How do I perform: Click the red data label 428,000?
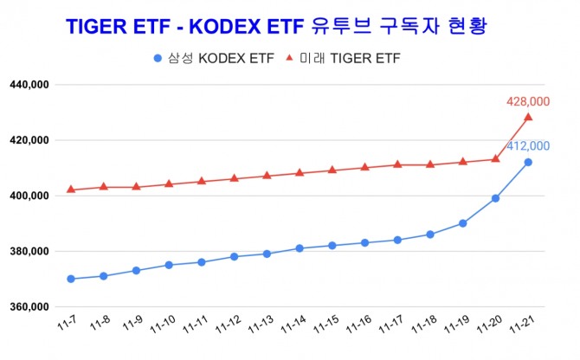(x=528, y=102)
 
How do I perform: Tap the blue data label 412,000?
(x=528, y=145)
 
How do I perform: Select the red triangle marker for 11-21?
(x=528, y=118)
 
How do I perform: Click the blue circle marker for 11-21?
(x=528, y=162)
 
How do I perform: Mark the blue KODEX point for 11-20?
(x=495, y=198)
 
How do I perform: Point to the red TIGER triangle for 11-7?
(x=71, y=190)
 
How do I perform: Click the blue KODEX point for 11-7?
(x=71, y=279)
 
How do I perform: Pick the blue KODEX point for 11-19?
(x=463, y=223)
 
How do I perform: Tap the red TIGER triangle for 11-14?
(x=300, y=172)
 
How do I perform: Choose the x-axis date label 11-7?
(x=67, y=322)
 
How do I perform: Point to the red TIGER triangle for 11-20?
(x=495, y=158)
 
